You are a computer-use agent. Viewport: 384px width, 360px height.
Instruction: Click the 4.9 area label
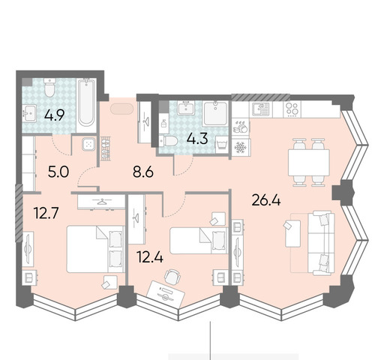tap(55, 115)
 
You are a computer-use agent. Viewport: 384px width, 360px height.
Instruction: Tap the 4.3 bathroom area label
tap(197, 139)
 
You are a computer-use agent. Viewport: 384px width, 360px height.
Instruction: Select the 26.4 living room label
tap(266, 200)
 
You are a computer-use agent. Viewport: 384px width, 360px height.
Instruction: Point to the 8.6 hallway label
tap(143, 172)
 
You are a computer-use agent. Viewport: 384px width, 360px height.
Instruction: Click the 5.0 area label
tap(58, 172)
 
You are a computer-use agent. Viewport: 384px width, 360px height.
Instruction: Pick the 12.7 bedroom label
tap(46, 213)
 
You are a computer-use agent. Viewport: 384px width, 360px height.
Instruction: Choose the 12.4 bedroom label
tap(150, 257)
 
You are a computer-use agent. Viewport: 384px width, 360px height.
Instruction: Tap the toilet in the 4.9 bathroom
tap(49, 88)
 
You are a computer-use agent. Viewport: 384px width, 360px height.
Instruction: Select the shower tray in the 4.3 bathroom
tap(215, 113)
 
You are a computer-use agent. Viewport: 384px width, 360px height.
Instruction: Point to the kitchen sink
tap(260, 109)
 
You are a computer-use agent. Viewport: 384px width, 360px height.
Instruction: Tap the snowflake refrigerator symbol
tap(240, 147)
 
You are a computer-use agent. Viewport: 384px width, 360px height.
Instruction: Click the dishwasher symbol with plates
tap(241, 127)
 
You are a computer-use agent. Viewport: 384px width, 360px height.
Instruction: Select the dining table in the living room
tap(309, 163)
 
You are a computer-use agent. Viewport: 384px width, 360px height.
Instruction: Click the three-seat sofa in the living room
tap(321, 243)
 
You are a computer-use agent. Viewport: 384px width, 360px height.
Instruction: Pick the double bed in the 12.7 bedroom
tap(95, 249)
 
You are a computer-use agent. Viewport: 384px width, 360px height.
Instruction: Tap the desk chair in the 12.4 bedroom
tap(172, 276)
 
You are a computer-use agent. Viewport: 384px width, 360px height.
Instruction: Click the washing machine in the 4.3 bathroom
tap(222, 145)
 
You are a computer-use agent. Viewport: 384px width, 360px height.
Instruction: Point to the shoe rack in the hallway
tap(105, 148)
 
